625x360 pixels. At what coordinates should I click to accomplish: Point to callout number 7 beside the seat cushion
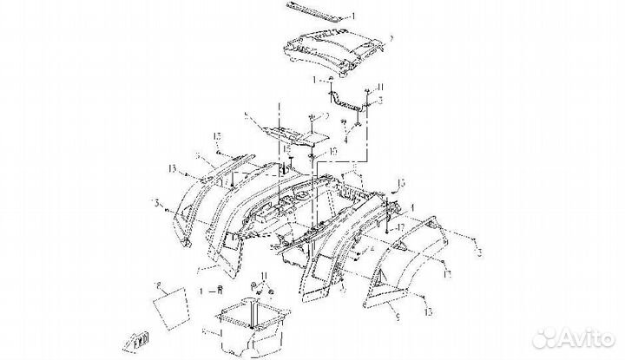[391, 38]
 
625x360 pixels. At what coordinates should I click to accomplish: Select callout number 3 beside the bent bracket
[379, 101]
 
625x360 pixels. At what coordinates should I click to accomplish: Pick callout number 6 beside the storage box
[203, 331]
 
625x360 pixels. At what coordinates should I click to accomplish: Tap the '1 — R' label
[212, 287]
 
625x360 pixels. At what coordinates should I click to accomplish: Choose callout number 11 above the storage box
[265, 275]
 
